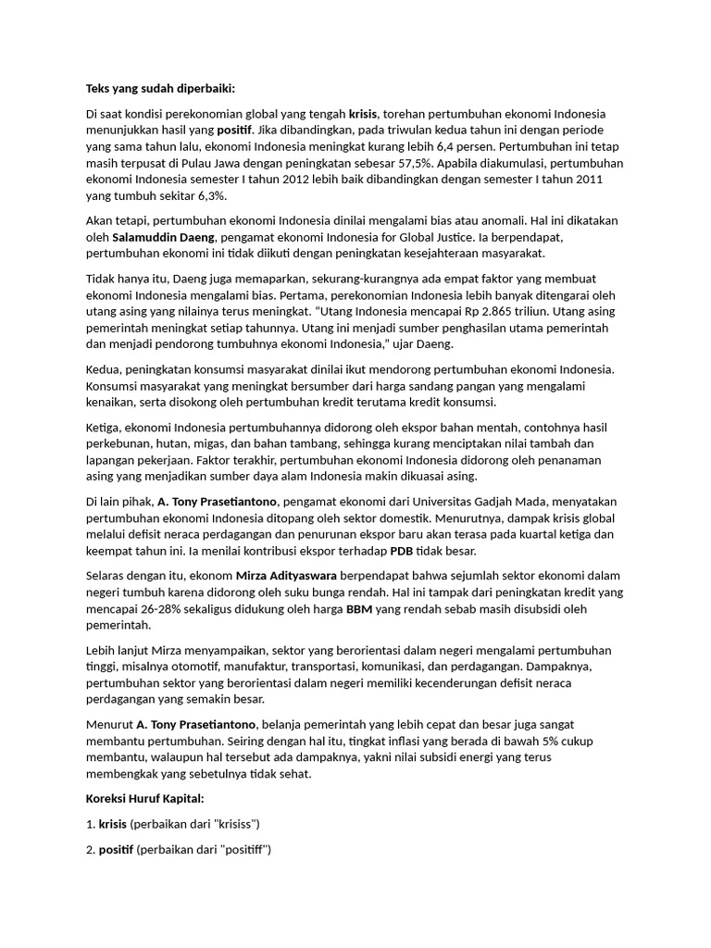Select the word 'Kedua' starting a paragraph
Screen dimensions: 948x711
point(103,369)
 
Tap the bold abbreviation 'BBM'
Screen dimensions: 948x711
point(358,608)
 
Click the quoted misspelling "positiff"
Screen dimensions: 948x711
point(243,849)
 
